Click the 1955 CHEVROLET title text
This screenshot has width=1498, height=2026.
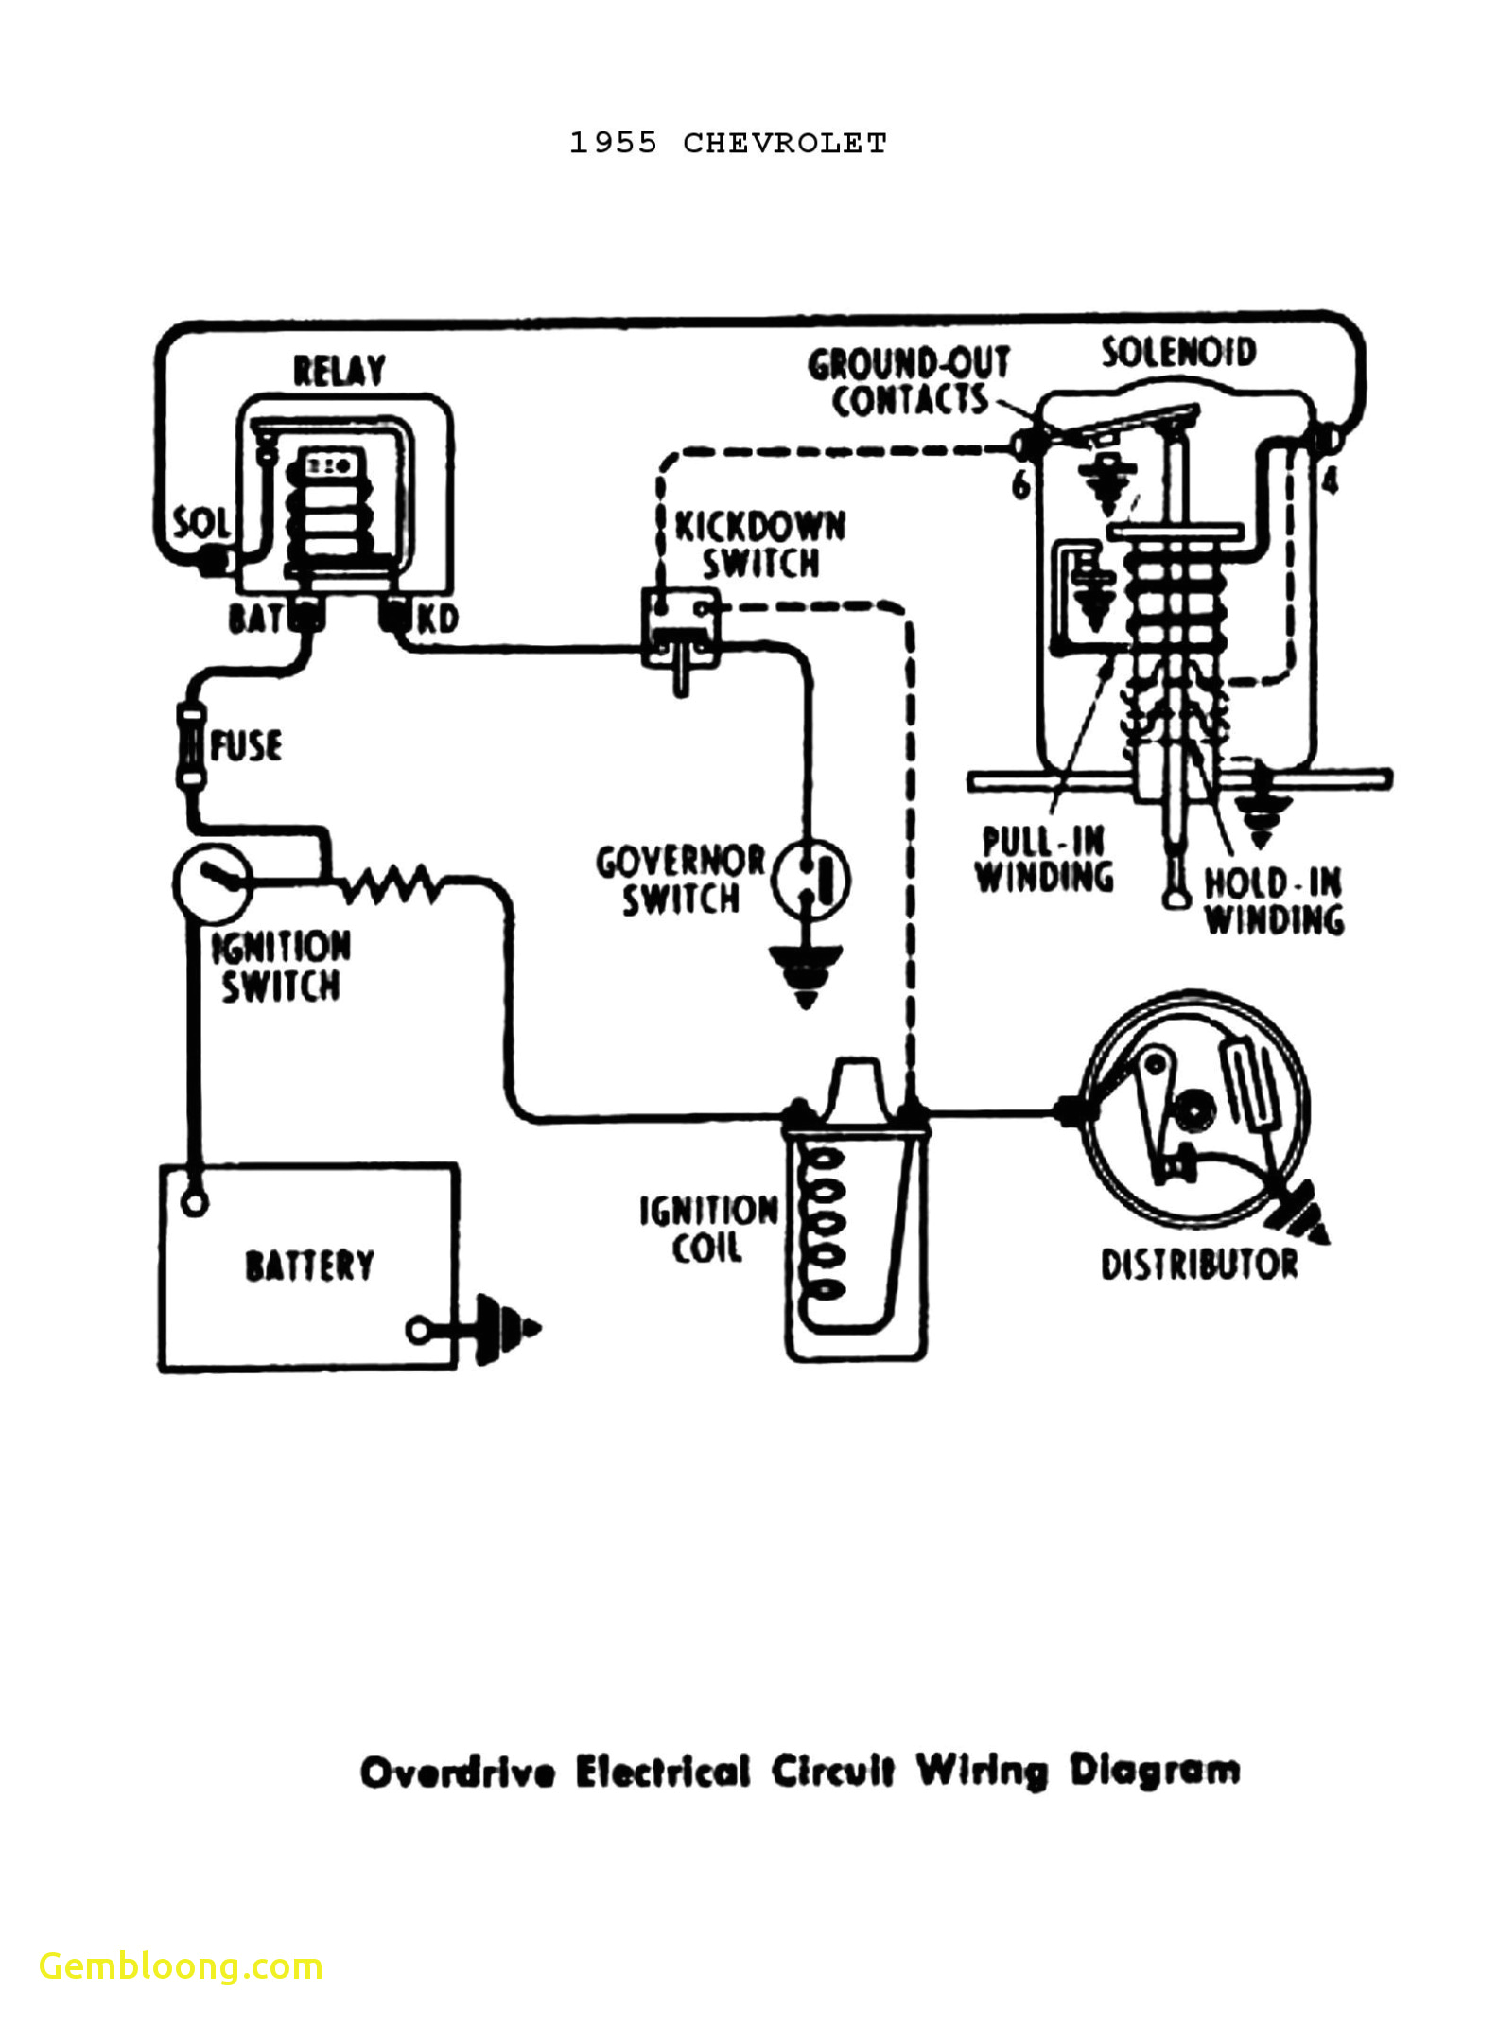[727, 143]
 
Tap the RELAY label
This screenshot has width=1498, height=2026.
[339, 370]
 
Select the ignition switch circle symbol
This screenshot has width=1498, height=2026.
[213, 882]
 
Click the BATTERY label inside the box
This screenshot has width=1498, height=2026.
[309, 1266]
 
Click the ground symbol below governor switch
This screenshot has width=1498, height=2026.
[806, 974]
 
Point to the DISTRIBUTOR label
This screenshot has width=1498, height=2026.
[1198, 1265]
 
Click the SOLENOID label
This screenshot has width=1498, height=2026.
[1178, 353]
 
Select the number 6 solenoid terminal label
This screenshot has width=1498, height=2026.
[1020, 486]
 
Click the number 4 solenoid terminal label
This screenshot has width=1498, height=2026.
[1330, 482]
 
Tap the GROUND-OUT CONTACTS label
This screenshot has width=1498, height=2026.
[907, 382]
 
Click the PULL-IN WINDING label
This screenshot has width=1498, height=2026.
[1044, 860]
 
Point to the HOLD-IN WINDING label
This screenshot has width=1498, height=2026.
[1273, 902]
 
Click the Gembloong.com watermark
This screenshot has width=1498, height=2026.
[182, 1965]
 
